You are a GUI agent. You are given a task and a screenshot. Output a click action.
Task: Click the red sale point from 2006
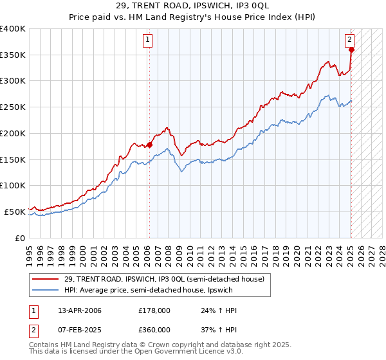pos(149,145)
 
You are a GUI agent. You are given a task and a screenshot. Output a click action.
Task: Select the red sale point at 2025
pos(351,50)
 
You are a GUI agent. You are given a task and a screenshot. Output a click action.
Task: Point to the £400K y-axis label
pos(13,29)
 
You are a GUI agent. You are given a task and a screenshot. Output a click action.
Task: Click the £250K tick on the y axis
pos(13,107)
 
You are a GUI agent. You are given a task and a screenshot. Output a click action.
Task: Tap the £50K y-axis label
pos(15,212)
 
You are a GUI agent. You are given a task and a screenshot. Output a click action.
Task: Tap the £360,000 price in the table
pos(154,329)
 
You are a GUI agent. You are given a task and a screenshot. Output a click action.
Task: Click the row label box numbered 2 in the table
pos(33,329)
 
